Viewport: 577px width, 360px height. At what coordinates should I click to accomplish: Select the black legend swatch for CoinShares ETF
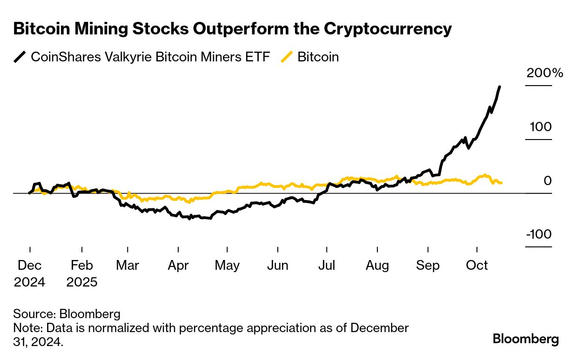pos(20,57)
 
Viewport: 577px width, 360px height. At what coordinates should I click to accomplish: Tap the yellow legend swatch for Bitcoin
pos(287,57)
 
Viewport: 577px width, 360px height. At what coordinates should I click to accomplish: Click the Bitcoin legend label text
pos(318,57)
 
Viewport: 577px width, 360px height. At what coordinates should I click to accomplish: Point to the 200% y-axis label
pos(544,73)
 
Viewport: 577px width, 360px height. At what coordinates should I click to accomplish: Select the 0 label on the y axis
pos(547,180)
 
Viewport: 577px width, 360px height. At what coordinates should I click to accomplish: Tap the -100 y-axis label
pos(539,234)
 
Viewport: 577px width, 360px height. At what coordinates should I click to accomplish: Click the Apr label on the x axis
pos(178,266)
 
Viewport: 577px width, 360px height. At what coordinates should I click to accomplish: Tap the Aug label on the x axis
pos(377,266)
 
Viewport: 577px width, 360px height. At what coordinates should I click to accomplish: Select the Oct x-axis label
pos(477,266)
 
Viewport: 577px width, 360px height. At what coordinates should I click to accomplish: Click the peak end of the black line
pos(499,87)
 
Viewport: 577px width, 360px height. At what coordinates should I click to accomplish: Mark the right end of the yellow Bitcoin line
pos(501,183)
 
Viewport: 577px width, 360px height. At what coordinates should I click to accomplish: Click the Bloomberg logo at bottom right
pos(526,339)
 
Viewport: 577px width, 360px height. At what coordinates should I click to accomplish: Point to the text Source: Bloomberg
pos(67,313)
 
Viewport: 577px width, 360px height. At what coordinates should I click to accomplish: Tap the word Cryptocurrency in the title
pos(388,29)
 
